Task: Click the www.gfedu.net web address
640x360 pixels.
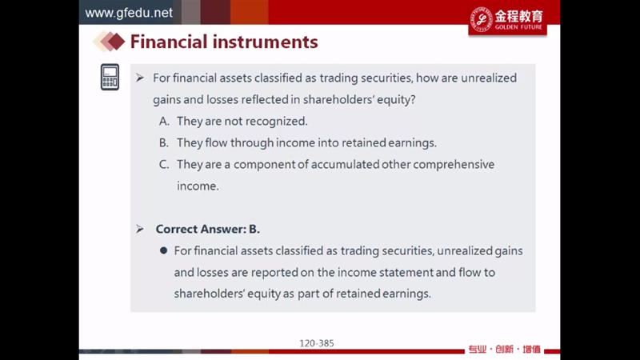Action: pos(129,13)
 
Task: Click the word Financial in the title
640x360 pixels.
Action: pos(169,42)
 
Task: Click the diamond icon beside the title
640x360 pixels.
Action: pos(109,42)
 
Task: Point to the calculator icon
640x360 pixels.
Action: pos(110,77)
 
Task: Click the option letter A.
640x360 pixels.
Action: pos(164,122)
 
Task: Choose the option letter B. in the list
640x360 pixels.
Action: pos(164,143)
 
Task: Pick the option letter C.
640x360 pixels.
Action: pos(164,165)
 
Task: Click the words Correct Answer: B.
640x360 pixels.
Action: pos(208,229)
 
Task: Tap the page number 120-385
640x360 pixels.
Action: pos(317,343)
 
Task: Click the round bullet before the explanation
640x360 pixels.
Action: pos(164,250)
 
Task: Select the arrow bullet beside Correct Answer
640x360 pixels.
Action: pos(140,229)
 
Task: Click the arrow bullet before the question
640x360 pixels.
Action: pos(140,78)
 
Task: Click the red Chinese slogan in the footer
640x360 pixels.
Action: pos(505,350)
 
